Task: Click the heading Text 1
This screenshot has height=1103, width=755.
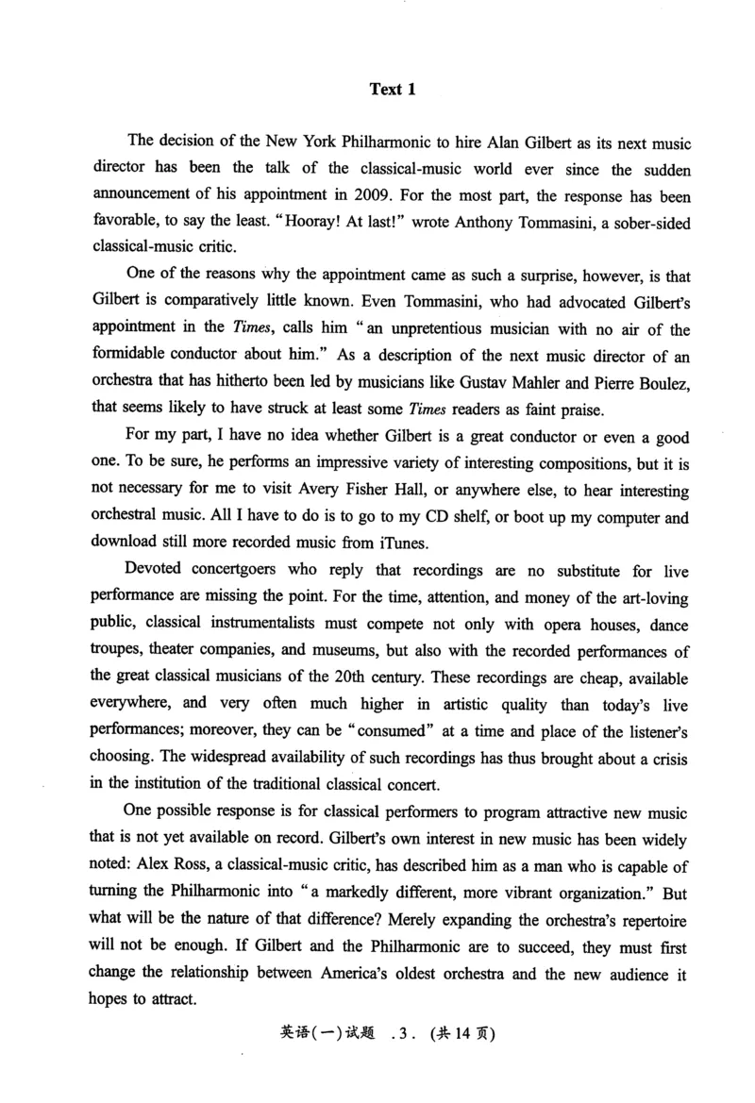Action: pyautogui.click(x=392, y=90)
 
